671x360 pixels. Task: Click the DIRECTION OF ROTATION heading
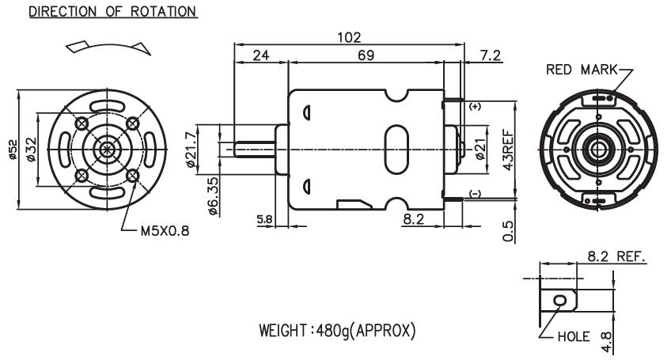(x=113, y=12)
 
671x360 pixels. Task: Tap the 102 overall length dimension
(x=349, y=38)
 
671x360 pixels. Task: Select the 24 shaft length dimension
(x=261, y=55)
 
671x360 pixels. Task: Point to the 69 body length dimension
(x=366, y=55)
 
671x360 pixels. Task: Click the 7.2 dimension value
(x=490, y=55)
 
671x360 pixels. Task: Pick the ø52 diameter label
(x=13, y=150)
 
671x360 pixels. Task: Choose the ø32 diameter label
(x=31, y=150)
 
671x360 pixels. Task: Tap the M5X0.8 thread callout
(x=165, y=231)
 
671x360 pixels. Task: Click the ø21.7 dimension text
(x=191, y=149)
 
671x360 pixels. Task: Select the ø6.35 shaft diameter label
(x=213, y=196)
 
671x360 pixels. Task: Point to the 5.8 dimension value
(x=264, y=220)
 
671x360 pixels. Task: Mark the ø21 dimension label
(x=480, y=150)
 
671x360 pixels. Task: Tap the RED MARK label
(x=582, y=70)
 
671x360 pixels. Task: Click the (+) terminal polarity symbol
(x=476, y=106)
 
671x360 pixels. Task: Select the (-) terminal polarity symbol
(x=476, y=194)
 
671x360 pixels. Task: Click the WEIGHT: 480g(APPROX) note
(x=337, y=331)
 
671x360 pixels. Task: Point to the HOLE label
(x=574, y=336)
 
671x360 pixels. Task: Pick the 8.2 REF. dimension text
(x=616, y=256)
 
